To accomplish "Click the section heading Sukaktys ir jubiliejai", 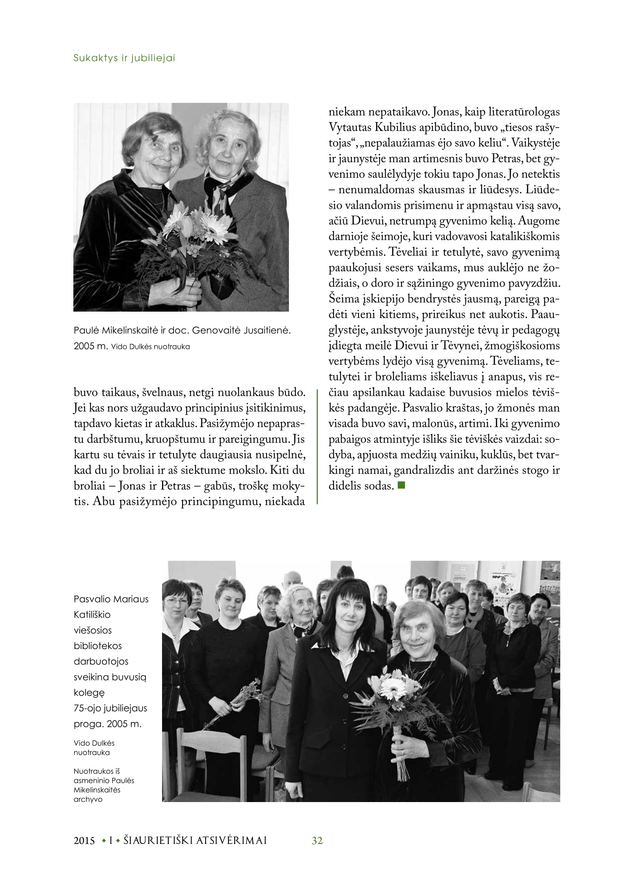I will tap(124, 58).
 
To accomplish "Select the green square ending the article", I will tap(401, 485).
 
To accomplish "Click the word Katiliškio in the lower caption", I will tap(92, 614).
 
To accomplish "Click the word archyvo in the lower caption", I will tap(88, 799).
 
